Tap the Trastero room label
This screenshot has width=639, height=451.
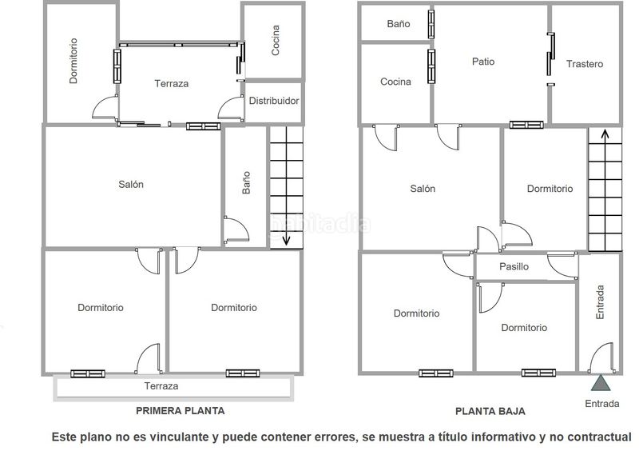[585, 64]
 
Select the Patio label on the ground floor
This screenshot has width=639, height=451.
[483, 62]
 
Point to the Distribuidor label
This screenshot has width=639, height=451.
[274, 101]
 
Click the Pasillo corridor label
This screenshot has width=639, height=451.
[514, 266]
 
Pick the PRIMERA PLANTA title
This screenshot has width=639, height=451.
[181, 410]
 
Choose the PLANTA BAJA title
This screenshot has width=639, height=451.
[490, 411]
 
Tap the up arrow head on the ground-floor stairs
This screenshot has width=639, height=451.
[605, 134]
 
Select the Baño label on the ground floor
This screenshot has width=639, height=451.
[399, 24]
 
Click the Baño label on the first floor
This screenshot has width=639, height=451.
[246, 182]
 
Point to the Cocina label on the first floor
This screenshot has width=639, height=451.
[276, 41]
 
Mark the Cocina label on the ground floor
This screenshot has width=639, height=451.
[395, 82]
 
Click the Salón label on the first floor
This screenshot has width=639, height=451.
[131, 185]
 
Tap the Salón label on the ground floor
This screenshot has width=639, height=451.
[423, 189]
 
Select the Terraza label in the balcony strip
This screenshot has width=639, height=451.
[161, 386]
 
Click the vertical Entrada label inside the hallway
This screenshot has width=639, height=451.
[600, 302]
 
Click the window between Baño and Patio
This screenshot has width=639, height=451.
[431, 23]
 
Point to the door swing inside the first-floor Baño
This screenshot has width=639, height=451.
[236, 229]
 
